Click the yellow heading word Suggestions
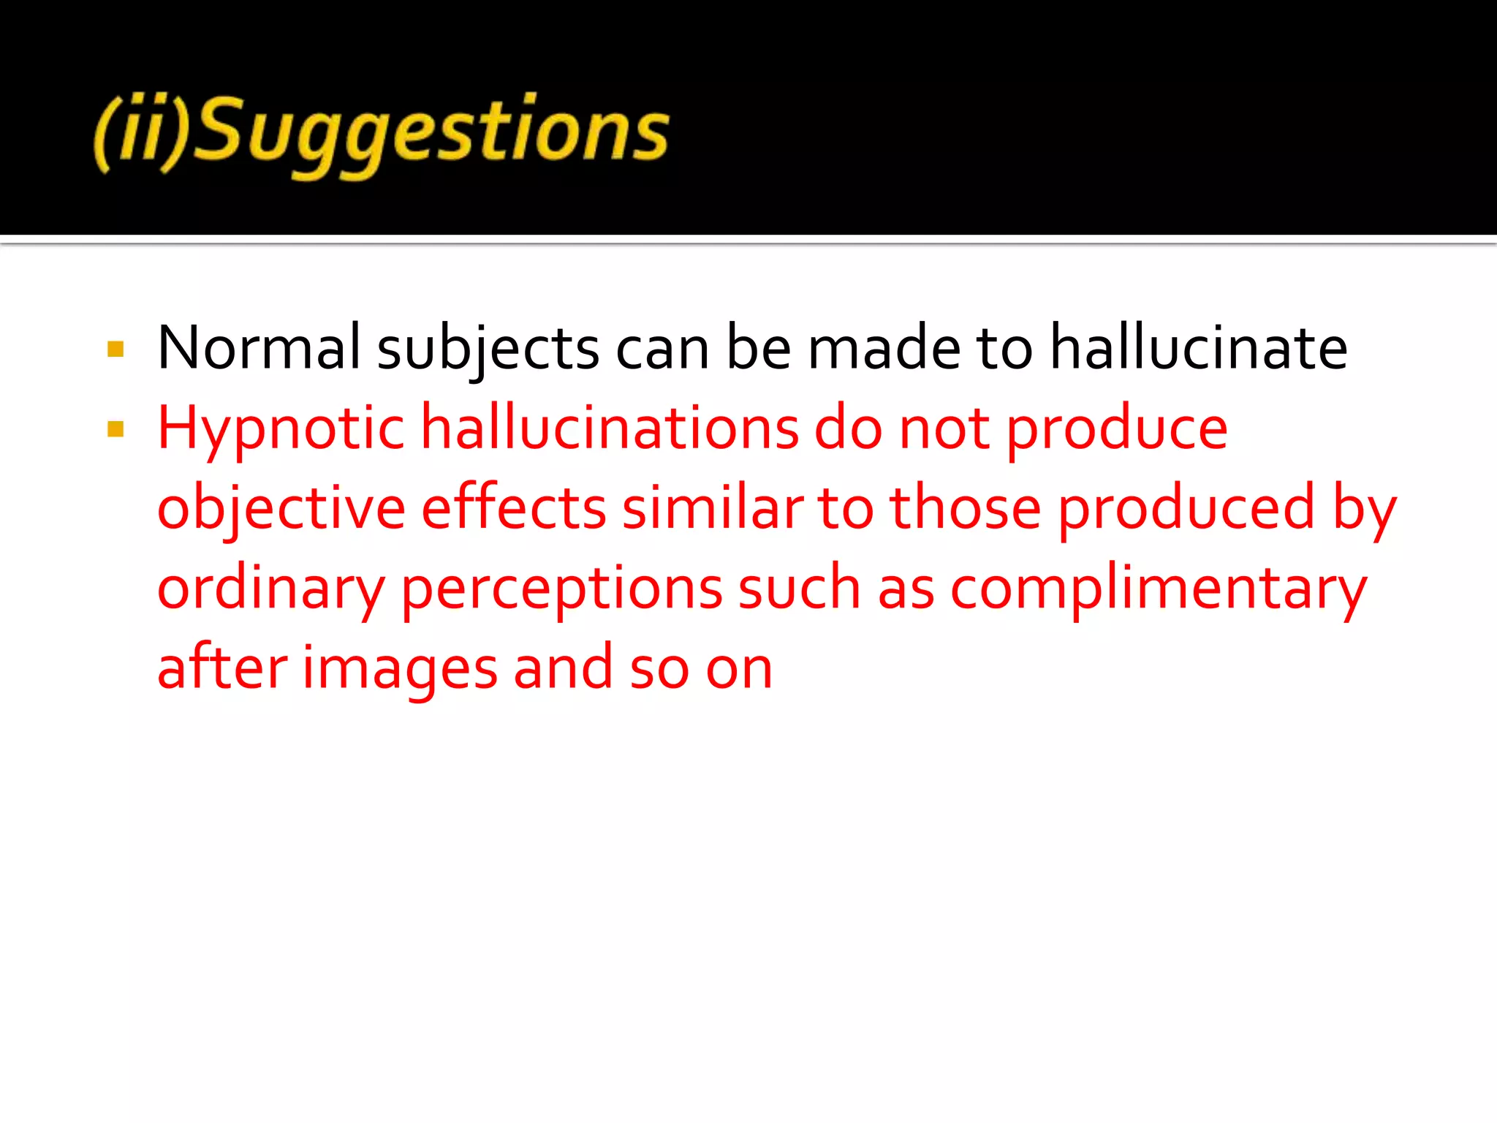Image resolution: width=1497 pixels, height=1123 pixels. [x=431, y=132]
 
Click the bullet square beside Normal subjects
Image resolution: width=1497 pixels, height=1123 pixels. [x=115, y=349]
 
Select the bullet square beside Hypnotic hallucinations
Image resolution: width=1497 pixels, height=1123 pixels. [x=115, y=429]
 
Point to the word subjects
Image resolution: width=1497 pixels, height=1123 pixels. [x=488, y=349]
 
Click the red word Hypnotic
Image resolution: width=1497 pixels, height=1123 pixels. [x=281, y=430]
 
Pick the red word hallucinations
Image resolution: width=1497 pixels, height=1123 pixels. [x=610, y=428]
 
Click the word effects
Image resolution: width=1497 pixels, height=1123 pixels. [x=514, y=508]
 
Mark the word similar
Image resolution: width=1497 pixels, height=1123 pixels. [x=713, y=508]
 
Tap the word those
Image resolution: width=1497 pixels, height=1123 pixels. [x=965, y=508]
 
